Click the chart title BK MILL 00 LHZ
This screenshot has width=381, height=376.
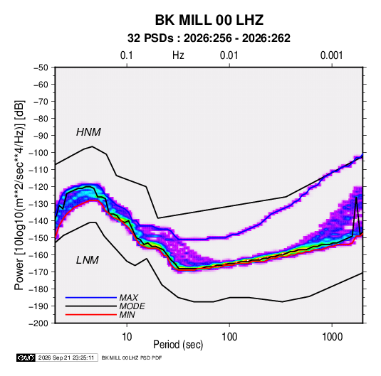coord(209,20)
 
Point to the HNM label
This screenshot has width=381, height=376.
coord(88,132)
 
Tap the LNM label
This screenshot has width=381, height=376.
coord(88,260)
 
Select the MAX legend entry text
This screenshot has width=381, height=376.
coord(128,297)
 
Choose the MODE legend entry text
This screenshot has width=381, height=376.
coord(132,306)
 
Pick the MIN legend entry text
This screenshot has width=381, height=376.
coord(127,315)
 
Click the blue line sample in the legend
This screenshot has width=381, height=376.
coord(91,297)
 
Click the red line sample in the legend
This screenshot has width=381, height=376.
coord(91,315)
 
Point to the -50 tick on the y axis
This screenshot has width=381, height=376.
coord(41,68)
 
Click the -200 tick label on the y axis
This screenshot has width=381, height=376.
coord(38,323)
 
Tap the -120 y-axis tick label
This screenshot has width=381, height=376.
coord(38,187)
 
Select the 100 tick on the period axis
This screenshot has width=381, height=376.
coord(229,337)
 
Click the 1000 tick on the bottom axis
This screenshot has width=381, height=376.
coord(332,337)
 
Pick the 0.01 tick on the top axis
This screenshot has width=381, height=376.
coord(229,55)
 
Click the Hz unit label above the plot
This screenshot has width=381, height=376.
coord(178,55)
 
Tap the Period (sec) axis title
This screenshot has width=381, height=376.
coord(178,345)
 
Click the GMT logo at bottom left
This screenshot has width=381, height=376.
coord(26,358)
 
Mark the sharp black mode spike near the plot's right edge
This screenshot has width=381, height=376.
coord(356,198)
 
